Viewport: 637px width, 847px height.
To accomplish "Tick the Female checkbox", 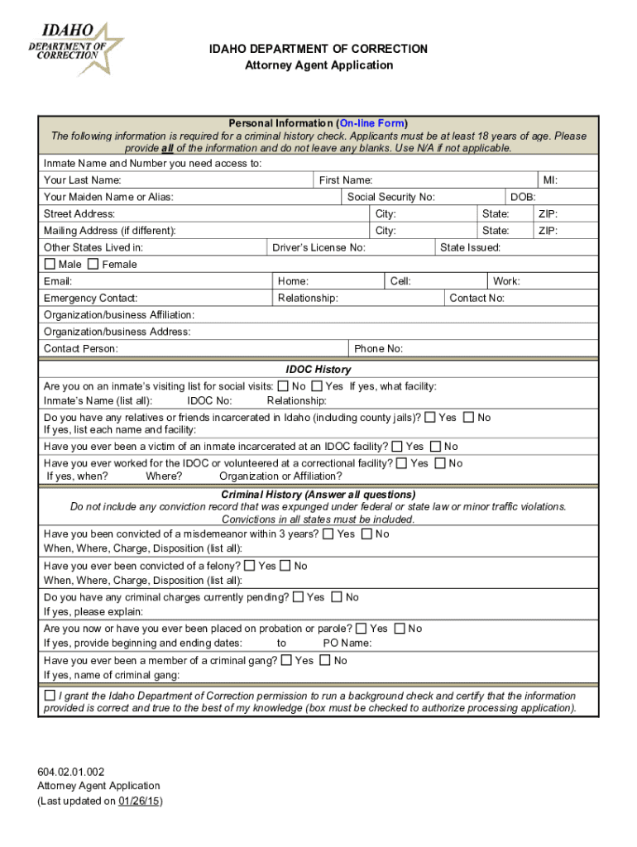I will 93,264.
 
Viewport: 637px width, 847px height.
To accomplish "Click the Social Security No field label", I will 390,197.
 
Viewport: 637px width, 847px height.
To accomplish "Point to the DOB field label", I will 523,197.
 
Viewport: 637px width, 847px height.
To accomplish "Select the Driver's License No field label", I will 319,247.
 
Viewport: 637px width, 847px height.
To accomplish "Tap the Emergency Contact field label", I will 90,298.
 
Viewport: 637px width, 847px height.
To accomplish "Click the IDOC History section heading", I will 318,370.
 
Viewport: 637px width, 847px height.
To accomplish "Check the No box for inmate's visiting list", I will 283,386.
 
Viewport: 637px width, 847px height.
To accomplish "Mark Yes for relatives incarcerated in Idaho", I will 430,418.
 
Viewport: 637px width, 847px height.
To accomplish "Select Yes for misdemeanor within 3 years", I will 328,534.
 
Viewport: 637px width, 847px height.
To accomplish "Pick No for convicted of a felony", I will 285,566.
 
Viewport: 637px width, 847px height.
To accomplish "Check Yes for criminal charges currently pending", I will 299,596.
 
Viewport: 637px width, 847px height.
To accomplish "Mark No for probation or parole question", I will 400,629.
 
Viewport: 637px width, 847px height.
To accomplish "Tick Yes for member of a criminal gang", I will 286,660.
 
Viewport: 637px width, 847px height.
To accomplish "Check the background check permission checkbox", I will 50,696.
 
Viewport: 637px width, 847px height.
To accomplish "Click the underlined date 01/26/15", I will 139,801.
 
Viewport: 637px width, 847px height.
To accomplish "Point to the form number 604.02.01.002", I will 71,771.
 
